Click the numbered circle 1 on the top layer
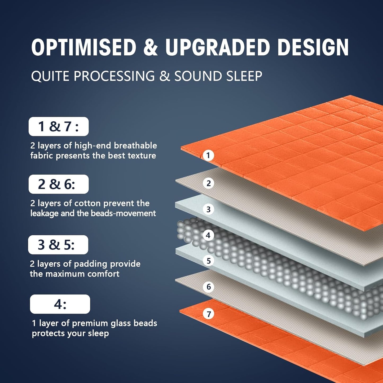pyautogui.click(x=208, y=155)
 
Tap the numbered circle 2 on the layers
pyautogui.click(x=209, y=183)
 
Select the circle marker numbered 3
pyautogui.click(x=208, y=209)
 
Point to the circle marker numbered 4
pyautogui.click(x=208, y=235)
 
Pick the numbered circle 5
pyautogui.click(x=208, y=261)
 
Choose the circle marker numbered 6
pyautogui.click(x=209, y=287)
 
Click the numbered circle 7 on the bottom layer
pyautogui.click(x=209, y=314)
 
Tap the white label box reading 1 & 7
pyautogui.click(x=59, y=126)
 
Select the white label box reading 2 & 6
pyautogui.click(x=59, y=184)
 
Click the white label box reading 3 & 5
pyautogui.click(x=58, y=245)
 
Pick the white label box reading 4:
pyautogui.click(x=60, y=304)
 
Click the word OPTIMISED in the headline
pyautogui.click(x=84, y=47)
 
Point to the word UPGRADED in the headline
pyautogui.click(x=218, y=47)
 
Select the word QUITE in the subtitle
pyautogui.click(x=50, y=76)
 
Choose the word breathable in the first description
pyautogui.click(x=135, y=146)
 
